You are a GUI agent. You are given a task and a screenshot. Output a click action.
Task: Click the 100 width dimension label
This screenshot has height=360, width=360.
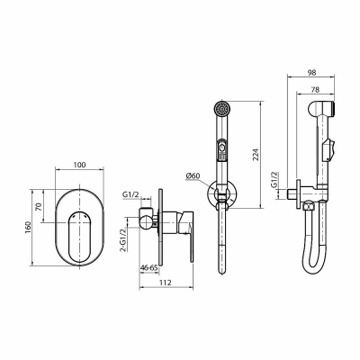click(79, 165)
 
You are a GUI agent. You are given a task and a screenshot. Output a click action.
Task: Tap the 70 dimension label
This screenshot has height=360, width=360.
click(39, 206)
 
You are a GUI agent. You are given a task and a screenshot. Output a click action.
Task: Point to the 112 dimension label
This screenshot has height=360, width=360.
click(166, 283)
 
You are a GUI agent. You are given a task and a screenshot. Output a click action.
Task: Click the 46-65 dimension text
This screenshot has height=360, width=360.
click(149, 268)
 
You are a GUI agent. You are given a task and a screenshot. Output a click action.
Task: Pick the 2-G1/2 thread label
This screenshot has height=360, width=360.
click(123, 240)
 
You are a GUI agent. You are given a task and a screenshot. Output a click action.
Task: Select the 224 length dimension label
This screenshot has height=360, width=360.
click(256, 155)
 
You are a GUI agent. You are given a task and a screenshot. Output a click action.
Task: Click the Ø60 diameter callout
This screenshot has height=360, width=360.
click(193, 176)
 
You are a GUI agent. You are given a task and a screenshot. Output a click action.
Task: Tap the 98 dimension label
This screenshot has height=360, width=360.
click(311, 72)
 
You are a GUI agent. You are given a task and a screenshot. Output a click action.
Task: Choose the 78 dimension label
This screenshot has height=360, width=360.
click(315, 89)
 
